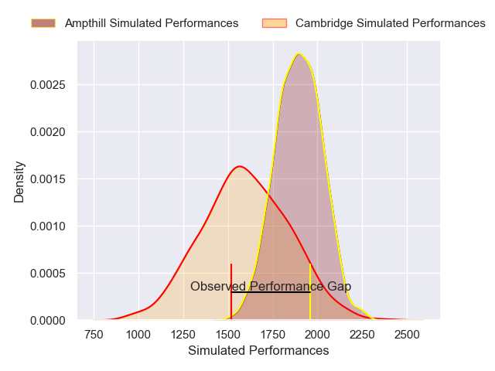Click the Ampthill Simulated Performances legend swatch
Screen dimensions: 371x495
coord(44,23)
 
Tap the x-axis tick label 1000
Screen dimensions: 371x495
coord(138,334)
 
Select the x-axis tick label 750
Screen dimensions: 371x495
coord(94,334)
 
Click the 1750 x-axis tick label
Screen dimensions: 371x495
coord(273,334)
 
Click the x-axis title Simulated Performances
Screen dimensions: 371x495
coord(258,350)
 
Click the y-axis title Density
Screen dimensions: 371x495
coord(19,182)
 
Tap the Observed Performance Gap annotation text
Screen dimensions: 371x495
coord(271,286)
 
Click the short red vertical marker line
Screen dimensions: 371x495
coord(230,278)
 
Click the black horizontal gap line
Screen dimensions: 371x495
coord(271,292)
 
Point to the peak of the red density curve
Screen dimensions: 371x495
coord(240,166)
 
